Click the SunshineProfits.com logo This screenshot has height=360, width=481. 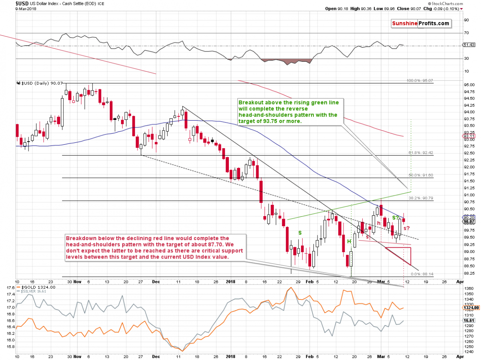tap(420, 24)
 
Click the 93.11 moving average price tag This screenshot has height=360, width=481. tap(469, 136)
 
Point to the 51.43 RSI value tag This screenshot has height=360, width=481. tap(468, 45)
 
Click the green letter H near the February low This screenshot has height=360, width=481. tap(349, 241)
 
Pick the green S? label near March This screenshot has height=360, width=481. tap(395, 218)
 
